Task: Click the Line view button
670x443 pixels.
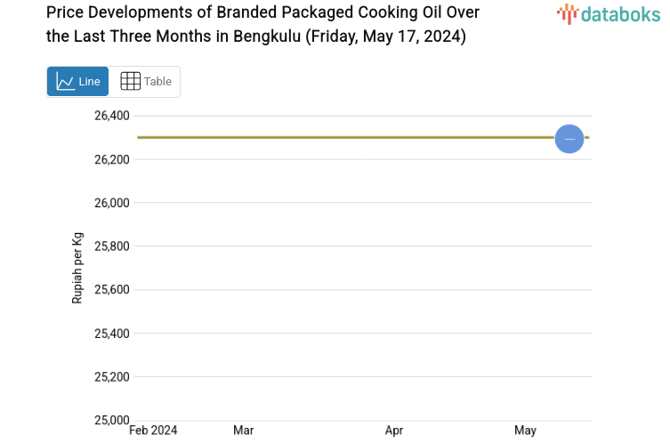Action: (x=78, y=81)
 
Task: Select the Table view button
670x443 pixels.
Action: (x=145, y=81)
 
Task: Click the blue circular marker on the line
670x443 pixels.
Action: (x=569, y=139)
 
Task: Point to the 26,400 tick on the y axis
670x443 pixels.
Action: (x=112, y=116)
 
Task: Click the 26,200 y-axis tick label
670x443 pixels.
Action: (x=112, y=159)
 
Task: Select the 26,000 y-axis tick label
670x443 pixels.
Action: (x=112, y=203)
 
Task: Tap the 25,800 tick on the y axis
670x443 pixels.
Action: (x=112, y=246)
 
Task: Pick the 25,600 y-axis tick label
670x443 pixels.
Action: (x=112, y=290)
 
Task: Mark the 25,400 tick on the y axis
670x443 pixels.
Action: (x=112, y=334)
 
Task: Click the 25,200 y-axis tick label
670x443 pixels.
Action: (x=112, y=377)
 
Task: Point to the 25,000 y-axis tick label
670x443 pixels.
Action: (x=112, y=420)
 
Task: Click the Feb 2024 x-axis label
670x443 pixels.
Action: (x=153, y=431)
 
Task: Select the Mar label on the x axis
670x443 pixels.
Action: (x=243, y=431)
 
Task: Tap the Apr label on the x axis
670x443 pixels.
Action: (x=394, y=431)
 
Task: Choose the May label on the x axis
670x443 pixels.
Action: (x=525, y=431)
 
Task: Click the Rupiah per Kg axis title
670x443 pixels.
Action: (x=77, y=268)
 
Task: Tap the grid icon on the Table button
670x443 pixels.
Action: (x=130, y=81)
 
